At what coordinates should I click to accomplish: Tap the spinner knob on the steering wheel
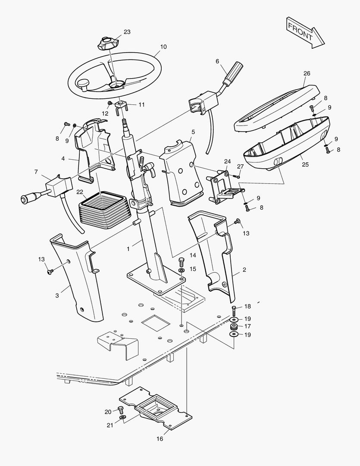click(x=83, y=84)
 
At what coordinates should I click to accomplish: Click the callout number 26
click(x=307, y=73)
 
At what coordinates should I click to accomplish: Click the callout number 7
click(x=36, y=172)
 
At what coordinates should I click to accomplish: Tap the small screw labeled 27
click(x=237, y=176)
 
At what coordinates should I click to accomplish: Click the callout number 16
click(x=160, y=439)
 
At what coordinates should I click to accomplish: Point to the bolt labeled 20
click(x=121, y=409)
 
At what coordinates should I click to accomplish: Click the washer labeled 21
click(x=123, y=418)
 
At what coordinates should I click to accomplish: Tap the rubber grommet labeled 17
click(x=234, y=327)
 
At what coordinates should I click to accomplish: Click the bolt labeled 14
click(x=182, y=261)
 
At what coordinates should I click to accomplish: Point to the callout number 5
click(x=193, y=132)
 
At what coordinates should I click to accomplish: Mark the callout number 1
click(x=128, y=249)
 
